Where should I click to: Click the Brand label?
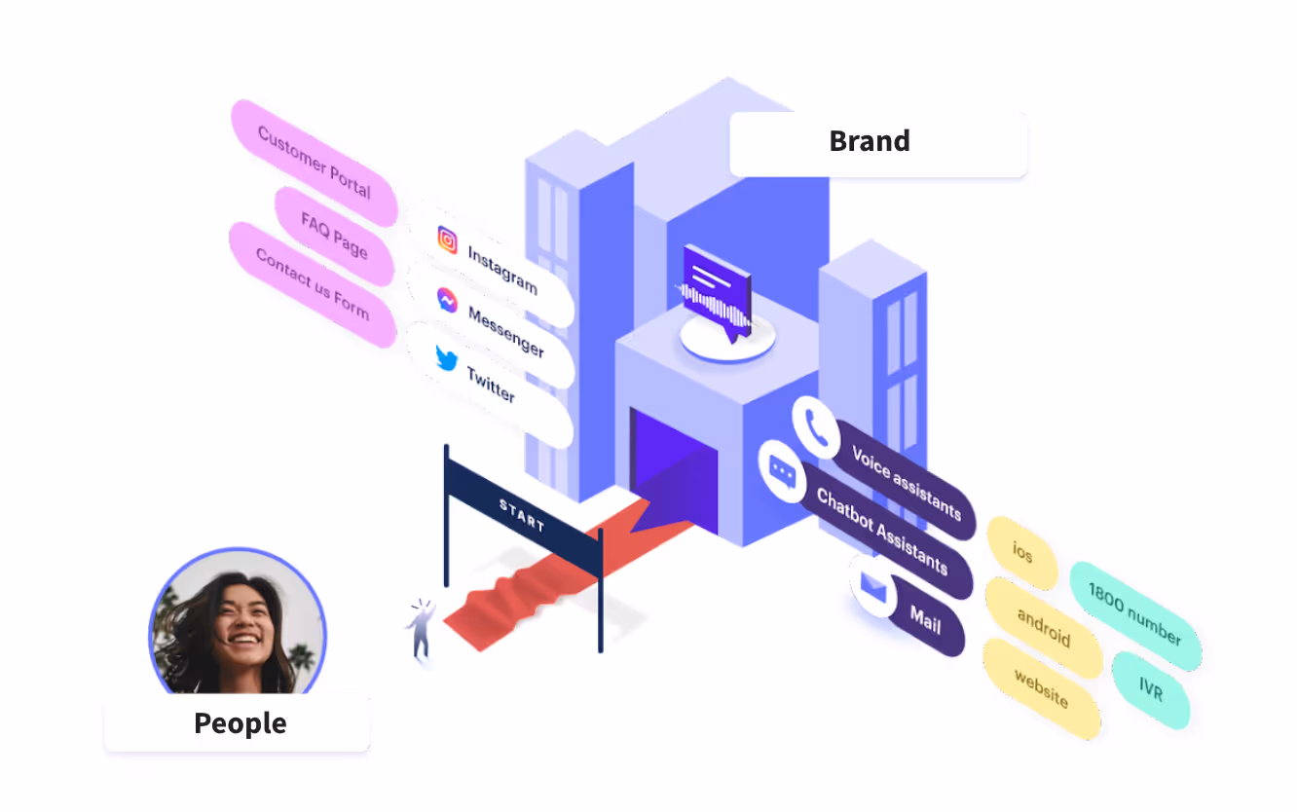870,142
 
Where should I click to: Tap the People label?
240,723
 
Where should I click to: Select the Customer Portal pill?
314,162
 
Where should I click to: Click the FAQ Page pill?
334,236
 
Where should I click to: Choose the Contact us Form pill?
312,283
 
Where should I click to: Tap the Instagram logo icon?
447,240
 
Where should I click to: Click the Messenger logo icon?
447,300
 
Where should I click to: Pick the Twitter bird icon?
446,358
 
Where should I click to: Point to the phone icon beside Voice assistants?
816,427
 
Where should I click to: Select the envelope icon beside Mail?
873,587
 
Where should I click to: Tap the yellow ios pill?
1021,552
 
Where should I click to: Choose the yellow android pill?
1043,627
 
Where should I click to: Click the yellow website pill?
1041,688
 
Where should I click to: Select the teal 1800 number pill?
1134,614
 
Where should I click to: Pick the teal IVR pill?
1151,690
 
